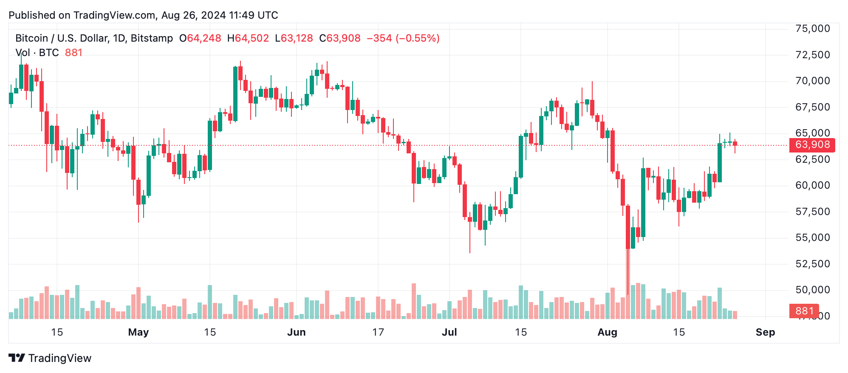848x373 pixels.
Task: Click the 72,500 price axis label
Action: click(x=812, y=55)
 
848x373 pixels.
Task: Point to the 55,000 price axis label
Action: click(x=812, y=237)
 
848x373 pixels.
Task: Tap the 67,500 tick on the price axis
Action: click(x=812, y=107)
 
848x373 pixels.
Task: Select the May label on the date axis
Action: click(x=139, y=332)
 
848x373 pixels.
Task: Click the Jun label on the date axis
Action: click(x=296, y=332)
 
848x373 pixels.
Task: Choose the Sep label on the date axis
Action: click(x=765, y=332)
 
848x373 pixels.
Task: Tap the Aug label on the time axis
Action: click(x=607, y=332)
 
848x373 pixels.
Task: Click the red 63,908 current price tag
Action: click(x=812, y=145)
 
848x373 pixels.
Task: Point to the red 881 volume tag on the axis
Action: click(x=804, y=311)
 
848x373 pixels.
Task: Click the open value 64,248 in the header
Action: click(x=204, y=38)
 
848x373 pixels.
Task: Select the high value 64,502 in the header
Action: click(x=252, y=38)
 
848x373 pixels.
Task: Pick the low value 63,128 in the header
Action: click(x=297, y=38)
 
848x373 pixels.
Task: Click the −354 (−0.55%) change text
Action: click(x=403, y=38)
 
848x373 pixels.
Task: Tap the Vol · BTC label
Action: click(x=37, y=53)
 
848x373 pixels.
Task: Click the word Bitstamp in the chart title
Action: click(x=152, y=38)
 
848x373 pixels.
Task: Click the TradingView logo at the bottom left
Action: click(x=50, y=358)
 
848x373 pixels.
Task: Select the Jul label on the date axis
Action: click(x=449, y=332)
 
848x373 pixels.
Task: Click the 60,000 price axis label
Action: click(x=812, y=185)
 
